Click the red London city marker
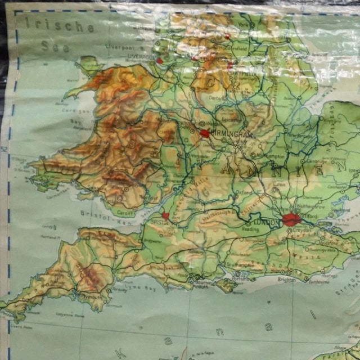(291, 219)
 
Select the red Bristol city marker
(165, 215)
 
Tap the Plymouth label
(89, 298)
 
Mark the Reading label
(251, 229)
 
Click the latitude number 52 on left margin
(4, 148)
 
